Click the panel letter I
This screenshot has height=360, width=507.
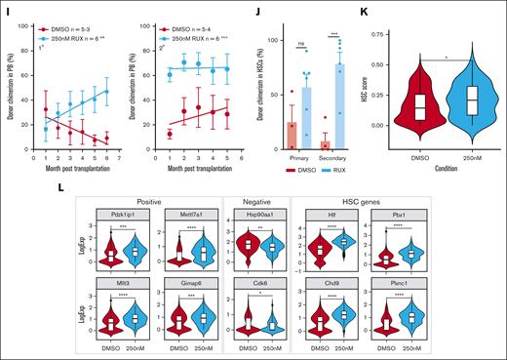click(x=5, y=6)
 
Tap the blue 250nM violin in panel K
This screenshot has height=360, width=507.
click(x=471, y=102)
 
